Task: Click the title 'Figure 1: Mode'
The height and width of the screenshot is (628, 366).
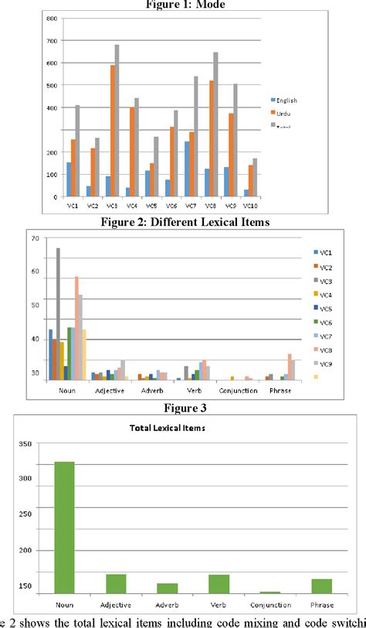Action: pyautogui.click(x=183, y=4)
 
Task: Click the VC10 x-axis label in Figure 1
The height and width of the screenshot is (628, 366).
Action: pyautogui.click(x=249, y=206)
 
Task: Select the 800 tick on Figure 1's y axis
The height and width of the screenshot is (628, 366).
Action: pyautogui.click(x=51, y=18)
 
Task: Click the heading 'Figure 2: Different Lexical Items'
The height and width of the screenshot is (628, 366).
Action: pyautogui.click(x=183, y=223)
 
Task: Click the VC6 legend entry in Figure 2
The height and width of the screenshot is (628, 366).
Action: pyautogui.click(x=325, y=322)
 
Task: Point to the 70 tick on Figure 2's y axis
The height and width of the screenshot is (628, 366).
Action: pyautogui.click(x=35, y=239)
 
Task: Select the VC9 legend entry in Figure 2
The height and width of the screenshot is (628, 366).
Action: pyautogui.click(x=325, y=363)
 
